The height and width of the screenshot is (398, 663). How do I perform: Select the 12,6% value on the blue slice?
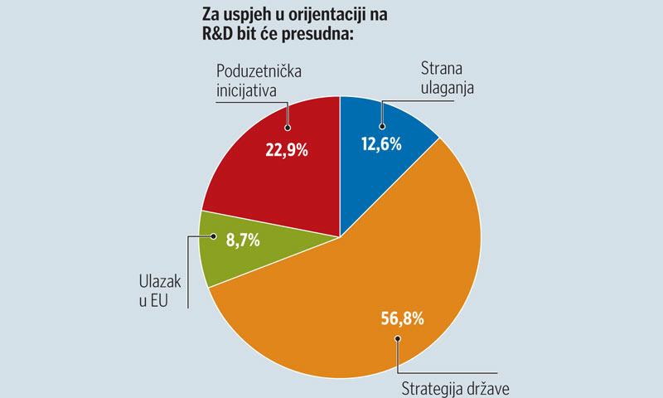[381, 144]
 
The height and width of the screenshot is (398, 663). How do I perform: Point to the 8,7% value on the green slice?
[239, 241]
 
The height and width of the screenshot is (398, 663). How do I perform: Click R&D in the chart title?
[220, 34]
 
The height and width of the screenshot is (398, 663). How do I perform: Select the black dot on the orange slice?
[399, 338]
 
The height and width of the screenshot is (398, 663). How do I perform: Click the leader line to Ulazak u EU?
[190, 274]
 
